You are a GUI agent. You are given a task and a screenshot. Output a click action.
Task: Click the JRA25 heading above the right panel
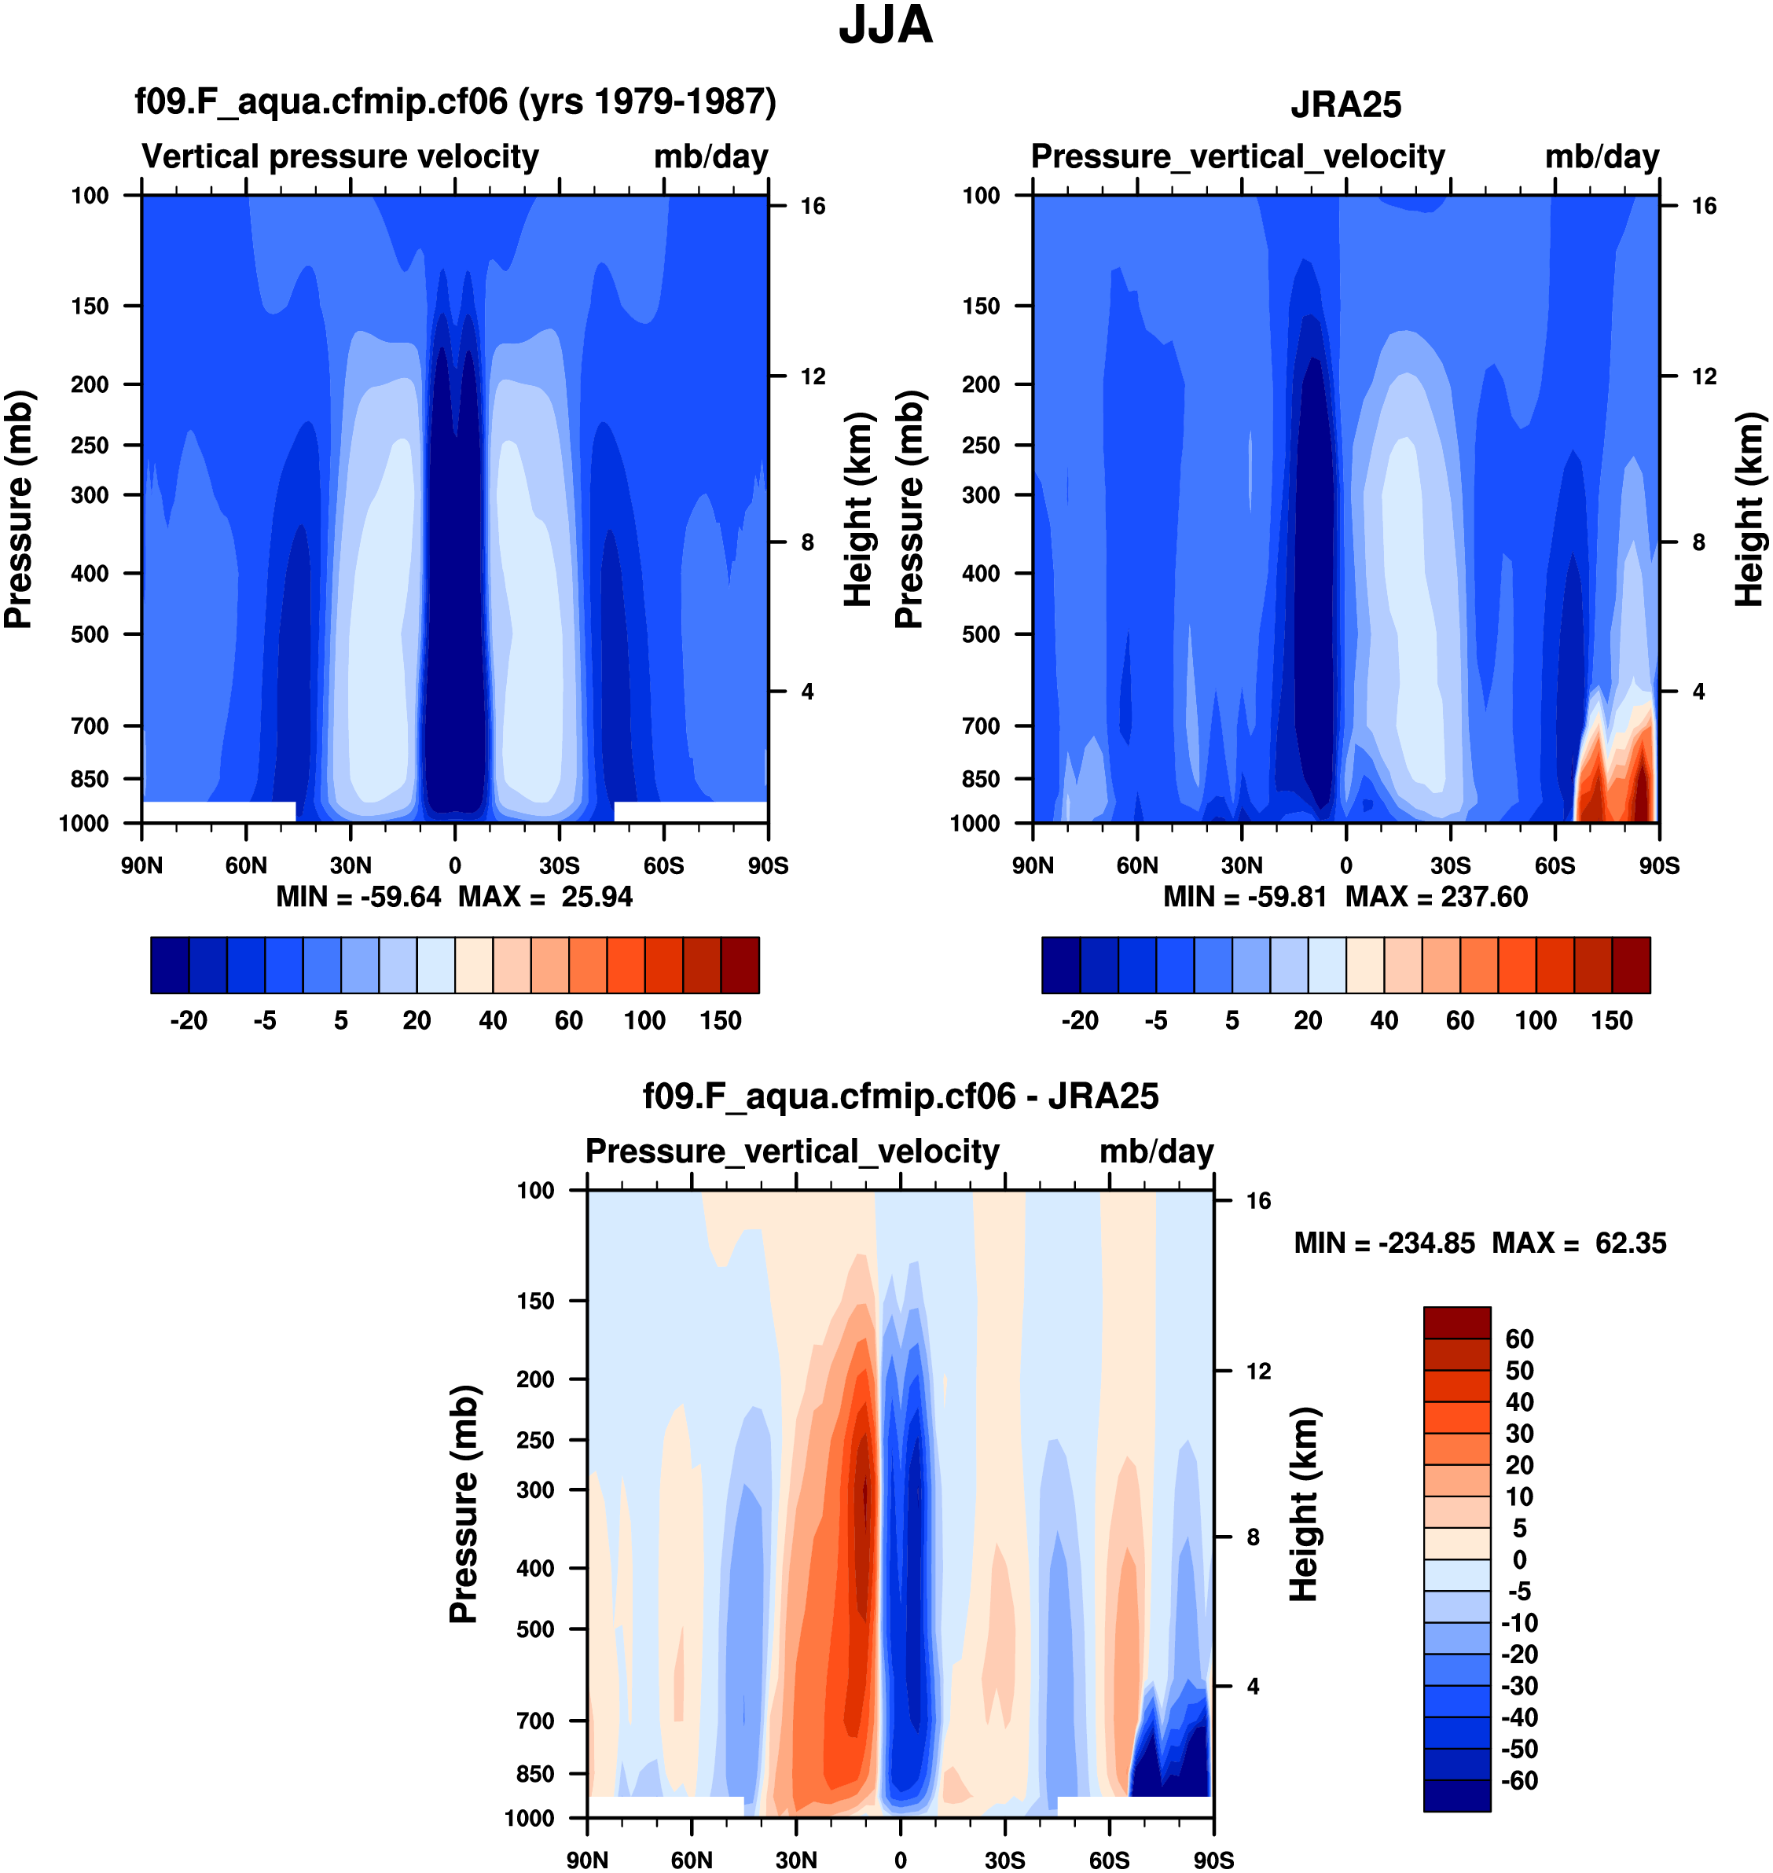pyautogui.click(x=1345, y=105)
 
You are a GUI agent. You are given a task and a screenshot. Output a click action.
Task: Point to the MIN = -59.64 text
pyautogui.click(x=358, y=897)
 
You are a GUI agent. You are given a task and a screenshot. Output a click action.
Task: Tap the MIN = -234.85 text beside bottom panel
pyautogui.click(x=1384, y=1243)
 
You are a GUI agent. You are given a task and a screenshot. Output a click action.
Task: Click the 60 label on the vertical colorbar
pyautogui.click(x=1519, y=1339)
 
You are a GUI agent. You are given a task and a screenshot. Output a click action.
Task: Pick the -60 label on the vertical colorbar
pyautogui.click(x=1519, y=1780)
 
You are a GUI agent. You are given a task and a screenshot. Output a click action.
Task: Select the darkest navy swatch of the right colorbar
pyautogui.click(x=1060, y=965)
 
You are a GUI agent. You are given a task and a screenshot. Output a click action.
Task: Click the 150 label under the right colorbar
pyautogui.click(x=1611, y=1021)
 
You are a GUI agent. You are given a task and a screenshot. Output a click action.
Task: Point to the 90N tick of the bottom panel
pyautogui.click(x=587, y=1860)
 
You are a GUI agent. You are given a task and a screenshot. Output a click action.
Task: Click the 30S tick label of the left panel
pyautogui.click(x=559, y=865)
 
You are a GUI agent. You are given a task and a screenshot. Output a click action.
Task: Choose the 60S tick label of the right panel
pyautogui.click(x=1555, y=865)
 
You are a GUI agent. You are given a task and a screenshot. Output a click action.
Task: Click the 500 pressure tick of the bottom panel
pyautogui.click(x=535, y=1629)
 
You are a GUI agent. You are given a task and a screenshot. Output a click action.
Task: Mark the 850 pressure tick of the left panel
pyautogui.click(x=90, y=779)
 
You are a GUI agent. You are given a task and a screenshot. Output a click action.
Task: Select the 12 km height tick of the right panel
pyautogui.click(x=1703, y=376)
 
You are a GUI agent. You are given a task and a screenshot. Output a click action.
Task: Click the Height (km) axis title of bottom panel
pyautogui.click(x=1305, y=1504)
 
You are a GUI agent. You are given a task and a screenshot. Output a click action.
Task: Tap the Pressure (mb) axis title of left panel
pyautogui.click(x=18, y=509)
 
